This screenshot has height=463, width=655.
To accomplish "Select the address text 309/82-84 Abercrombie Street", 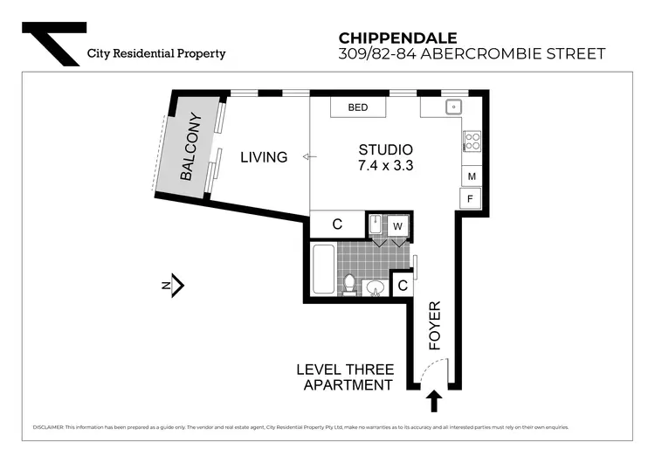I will pyautogui.click(x=471, y=54).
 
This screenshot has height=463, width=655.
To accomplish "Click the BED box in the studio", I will pyautogui.click(x=358, y=107).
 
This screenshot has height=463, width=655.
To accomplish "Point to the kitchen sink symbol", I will pyautogui.click(x=454, y=107).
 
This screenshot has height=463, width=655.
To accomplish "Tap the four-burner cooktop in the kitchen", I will pyautogui.click(x=472, y=141).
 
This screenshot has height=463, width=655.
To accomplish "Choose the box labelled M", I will pyautogui.click(x=472, y=176).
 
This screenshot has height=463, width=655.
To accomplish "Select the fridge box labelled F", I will pyautogui.click(x=472, y=199).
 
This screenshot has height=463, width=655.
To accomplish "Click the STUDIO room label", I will pyautogui.click(x=385, y=149).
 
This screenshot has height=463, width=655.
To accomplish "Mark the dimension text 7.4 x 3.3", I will pyautogui.click(x=385, y=165).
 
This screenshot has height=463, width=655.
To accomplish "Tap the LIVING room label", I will pyautogui.click(x=264, y=157).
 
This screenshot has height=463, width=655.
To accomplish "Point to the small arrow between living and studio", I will pyautogui.click(x=306, y=157).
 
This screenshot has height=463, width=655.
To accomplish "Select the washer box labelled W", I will pyautogui.click(x=397, y=225).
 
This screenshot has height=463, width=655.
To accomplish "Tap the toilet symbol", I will pyautogui.click(x=348, y=284).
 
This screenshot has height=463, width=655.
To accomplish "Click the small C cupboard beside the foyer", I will pyautogui.click(x=403, y=285).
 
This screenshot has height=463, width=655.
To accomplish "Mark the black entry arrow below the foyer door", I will pyautogui.click(x=434, y=402).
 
